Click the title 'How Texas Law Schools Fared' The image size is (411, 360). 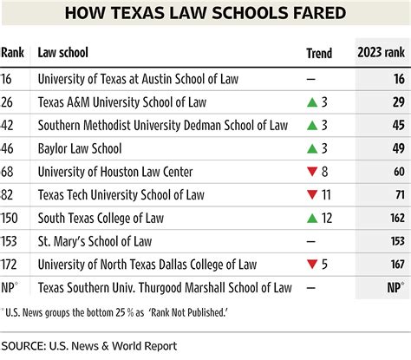coord(205,15)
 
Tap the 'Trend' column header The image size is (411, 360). coord(319,54)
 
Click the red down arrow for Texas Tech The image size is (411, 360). coord(315,195)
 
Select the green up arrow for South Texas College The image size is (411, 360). coord(315,218)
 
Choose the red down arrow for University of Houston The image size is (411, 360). coord(315,172)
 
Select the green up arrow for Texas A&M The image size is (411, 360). coord(315,101)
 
